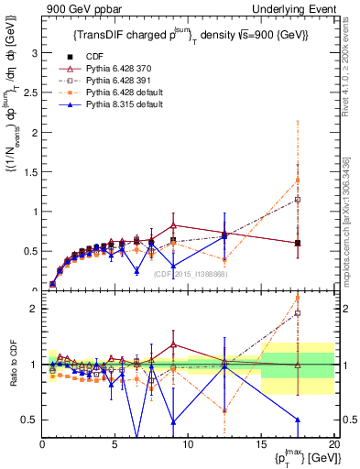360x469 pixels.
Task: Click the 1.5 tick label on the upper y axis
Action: tap(30, 172)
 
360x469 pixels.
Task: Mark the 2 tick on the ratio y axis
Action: tap(34, 309)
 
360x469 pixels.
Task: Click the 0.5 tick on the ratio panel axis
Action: tap(30, 420)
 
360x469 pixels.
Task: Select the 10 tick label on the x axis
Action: tap(188, 444)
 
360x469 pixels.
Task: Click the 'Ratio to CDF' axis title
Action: tap(12, 365)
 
